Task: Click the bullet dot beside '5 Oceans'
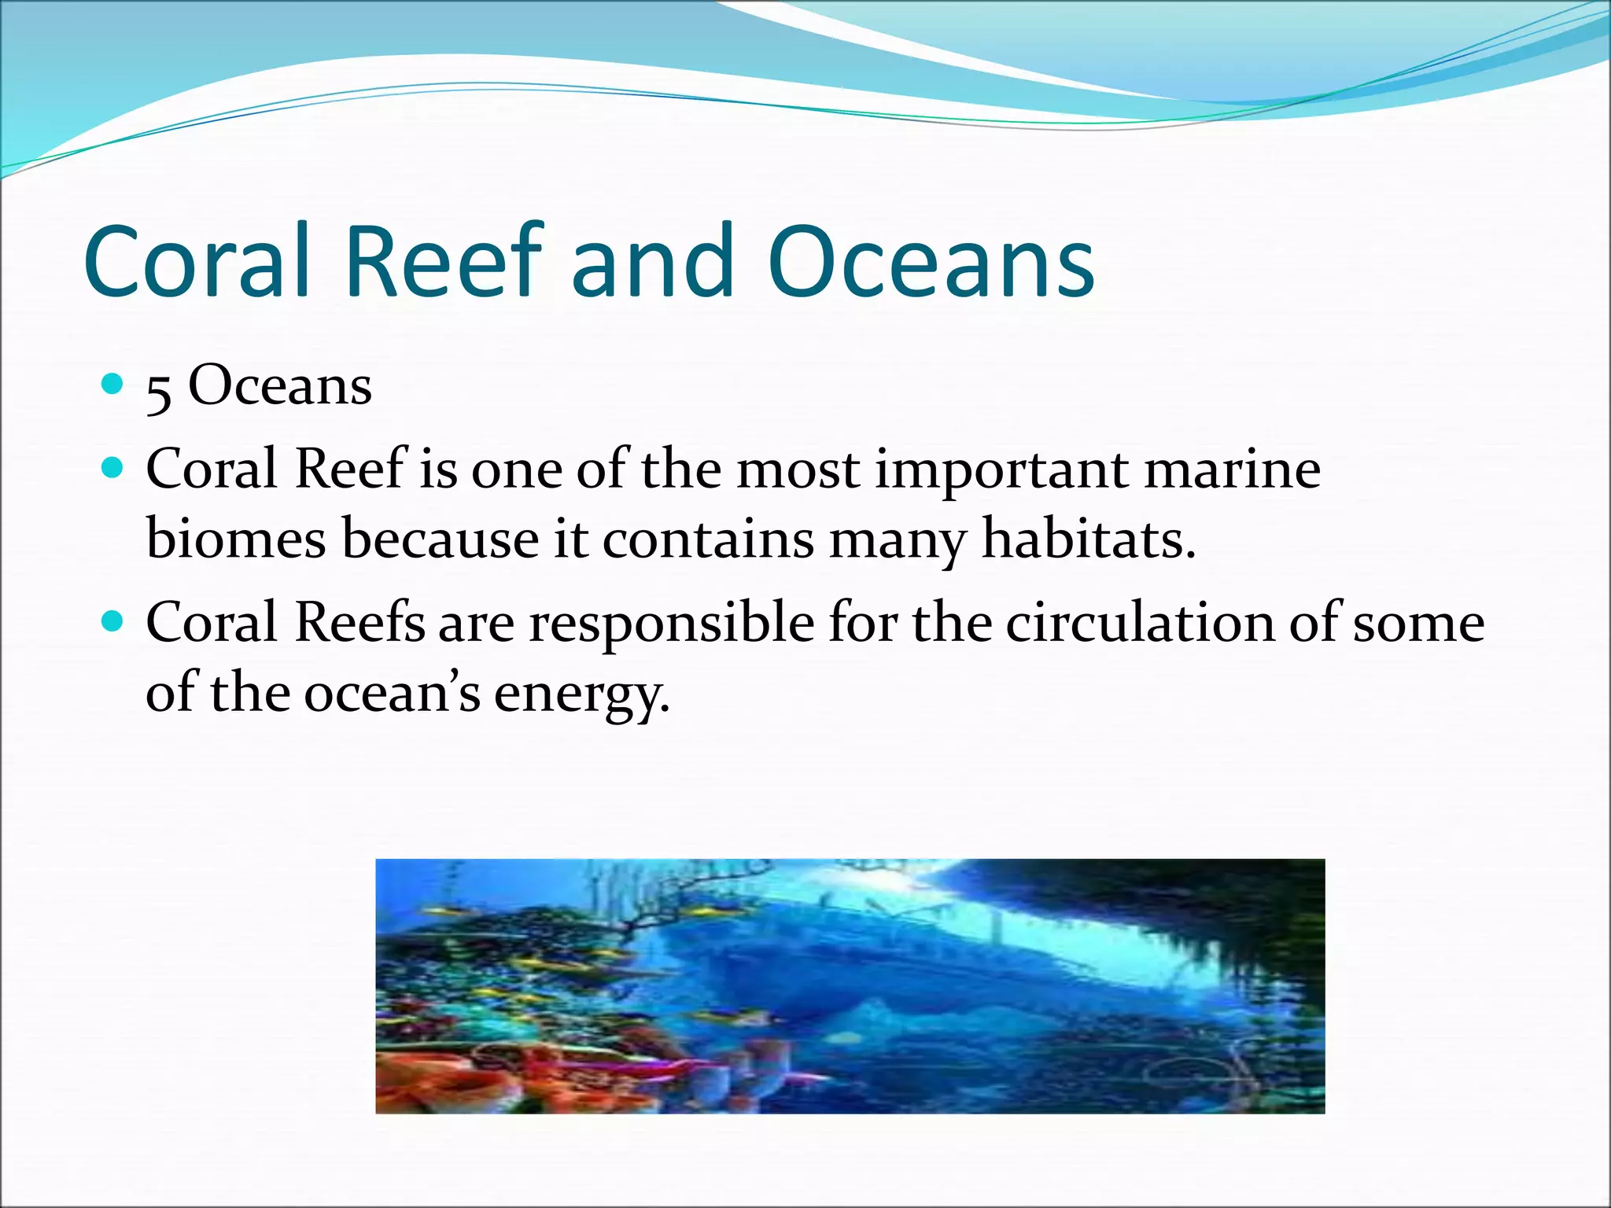pyautogui.click(x=113, y=384)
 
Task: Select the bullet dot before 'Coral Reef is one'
pyautogui.click(x=113, y=469)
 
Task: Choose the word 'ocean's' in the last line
pyautogui.click(x=392, y=694)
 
